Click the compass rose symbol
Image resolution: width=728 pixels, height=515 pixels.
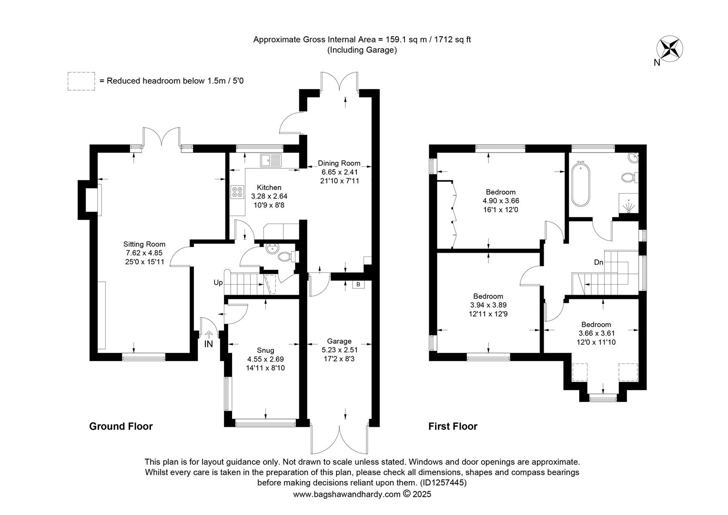(669, 49)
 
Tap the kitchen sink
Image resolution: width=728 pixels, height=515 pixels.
(271, 160)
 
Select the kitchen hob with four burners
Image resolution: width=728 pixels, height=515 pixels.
(238, 192)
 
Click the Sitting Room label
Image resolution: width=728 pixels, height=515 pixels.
(144, 244)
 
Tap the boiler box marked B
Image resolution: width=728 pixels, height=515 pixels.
(358, 284)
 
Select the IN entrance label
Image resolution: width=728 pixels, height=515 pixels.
(208, 344)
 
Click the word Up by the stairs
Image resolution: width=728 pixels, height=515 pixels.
(218, 283)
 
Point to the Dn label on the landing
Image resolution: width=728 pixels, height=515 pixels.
(599, 262)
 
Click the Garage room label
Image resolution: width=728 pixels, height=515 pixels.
(339, 341)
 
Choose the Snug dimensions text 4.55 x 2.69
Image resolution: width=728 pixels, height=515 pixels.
(265, 359)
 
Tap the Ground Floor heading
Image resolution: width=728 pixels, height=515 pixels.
(121, 426)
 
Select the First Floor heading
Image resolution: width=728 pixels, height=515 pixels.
(453, 426)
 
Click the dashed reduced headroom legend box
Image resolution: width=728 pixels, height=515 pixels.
(81, 81)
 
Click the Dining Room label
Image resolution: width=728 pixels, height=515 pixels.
(339, 163)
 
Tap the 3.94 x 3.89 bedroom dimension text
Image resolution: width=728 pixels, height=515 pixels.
(488, 305)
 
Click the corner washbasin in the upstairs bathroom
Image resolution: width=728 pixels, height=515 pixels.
(633, 158)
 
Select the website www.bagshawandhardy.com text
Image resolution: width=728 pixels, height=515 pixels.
(347, 494)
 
